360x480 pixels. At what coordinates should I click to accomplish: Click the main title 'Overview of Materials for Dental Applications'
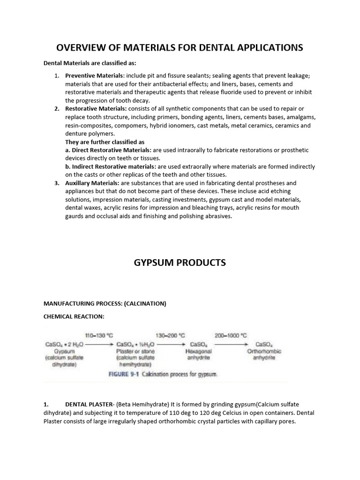point(180,48)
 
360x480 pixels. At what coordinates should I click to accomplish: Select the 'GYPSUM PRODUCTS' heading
point(180,262)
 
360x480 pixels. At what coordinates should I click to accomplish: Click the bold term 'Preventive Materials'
point(94,75)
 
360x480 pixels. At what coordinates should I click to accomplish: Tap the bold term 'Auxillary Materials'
point(92,183)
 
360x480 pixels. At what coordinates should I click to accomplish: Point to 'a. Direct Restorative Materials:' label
point(108,150)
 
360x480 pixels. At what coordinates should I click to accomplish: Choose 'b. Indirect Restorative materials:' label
point(111,166)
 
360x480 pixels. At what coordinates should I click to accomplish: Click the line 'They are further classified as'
point(105,142)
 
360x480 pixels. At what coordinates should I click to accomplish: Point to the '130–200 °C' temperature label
point(170,336)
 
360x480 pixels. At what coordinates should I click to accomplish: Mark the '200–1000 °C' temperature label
point(231,336)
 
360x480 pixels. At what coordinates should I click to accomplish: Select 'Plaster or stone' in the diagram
point(135,351)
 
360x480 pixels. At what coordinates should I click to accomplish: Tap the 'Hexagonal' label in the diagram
point(199,351)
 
